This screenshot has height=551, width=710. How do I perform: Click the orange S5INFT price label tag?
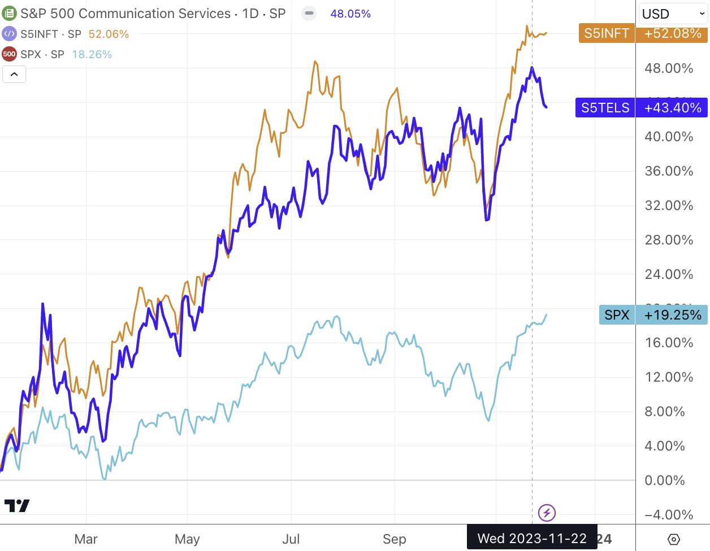tap(607, 33)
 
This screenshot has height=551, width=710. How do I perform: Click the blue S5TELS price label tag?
tap(605, 108)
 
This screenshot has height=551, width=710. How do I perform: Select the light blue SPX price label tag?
tap(617, 315)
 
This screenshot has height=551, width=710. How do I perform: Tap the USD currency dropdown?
tap(673, 14)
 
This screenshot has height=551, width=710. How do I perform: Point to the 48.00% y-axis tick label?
tap(669, 68)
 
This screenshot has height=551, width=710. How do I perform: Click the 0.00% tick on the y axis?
tap(665, 480)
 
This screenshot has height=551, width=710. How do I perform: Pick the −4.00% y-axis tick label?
tap(669, 515)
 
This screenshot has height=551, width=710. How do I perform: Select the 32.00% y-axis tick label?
tap(669, 205)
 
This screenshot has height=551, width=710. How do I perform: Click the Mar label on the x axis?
tap(86, 539)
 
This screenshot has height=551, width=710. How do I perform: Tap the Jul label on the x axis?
tap(291, 539)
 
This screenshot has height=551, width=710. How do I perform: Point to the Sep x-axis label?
tap(394, 539)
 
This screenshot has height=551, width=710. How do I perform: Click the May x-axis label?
tap(187, 539)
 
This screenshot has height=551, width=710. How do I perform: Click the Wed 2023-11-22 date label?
tap(532, 539)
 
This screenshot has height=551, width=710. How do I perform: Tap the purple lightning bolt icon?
tap(547, 513)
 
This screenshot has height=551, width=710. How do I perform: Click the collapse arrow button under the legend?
tap(14, 74)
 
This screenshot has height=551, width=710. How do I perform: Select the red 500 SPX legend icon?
tap(9, 54)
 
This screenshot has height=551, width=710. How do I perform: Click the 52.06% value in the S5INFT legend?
tap(109, 34)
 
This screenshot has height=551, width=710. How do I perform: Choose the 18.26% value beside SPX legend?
tap(92, 54)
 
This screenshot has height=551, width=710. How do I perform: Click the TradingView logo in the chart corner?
tap(17, 505)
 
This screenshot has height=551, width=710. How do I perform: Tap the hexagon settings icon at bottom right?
tap(673, 539)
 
